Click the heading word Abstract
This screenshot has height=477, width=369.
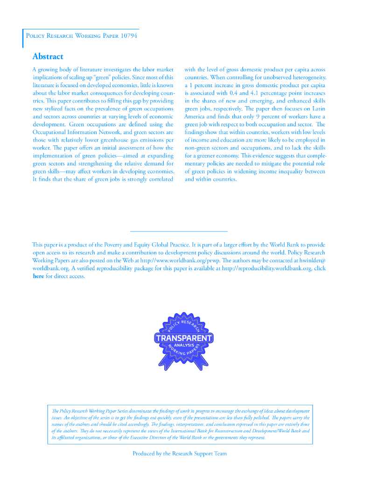pos(48,56)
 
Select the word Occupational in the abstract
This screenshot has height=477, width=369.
pos(52,132)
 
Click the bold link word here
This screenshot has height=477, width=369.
pos(38,276)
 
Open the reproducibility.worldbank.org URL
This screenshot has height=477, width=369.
pos(266,268)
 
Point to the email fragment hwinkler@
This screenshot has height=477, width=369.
pos(311,260)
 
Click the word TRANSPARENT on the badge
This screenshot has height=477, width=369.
pos(184,338)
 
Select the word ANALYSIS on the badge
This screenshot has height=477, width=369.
pos(184,345)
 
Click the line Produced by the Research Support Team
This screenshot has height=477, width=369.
pos(180,453)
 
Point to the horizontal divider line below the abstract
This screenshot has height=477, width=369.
pos(178,231)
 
